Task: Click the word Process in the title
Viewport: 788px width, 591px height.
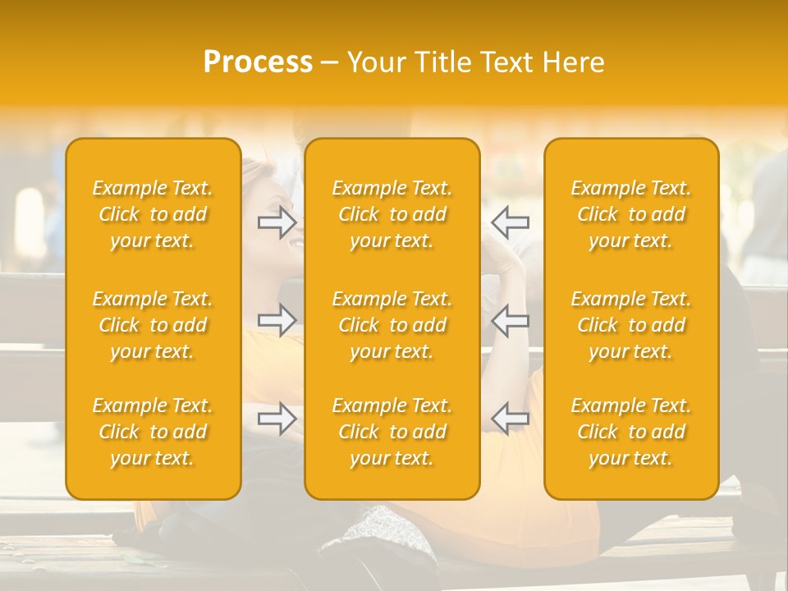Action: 258,62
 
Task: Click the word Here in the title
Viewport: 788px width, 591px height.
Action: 573,62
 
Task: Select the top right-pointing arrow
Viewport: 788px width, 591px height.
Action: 277,222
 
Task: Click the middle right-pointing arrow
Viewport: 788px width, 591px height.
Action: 277,321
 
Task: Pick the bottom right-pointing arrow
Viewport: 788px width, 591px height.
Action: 277,419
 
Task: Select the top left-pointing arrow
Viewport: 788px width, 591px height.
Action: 510,222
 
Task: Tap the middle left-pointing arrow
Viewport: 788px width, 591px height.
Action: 510,321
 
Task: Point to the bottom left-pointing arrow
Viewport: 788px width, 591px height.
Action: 510,419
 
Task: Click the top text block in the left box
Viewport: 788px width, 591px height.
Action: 153,214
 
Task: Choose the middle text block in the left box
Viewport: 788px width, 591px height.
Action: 153,325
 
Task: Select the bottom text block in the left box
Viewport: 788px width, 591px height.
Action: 153,432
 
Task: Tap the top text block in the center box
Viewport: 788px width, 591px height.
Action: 392,214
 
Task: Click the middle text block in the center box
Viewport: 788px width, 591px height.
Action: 392,325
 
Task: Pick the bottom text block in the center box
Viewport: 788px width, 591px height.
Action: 392,432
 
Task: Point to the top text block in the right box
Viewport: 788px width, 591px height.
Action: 631,214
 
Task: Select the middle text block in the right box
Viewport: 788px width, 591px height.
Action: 631,325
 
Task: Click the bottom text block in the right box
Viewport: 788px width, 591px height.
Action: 631,432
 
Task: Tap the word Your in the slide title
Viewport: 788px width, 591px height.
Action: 374,62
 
